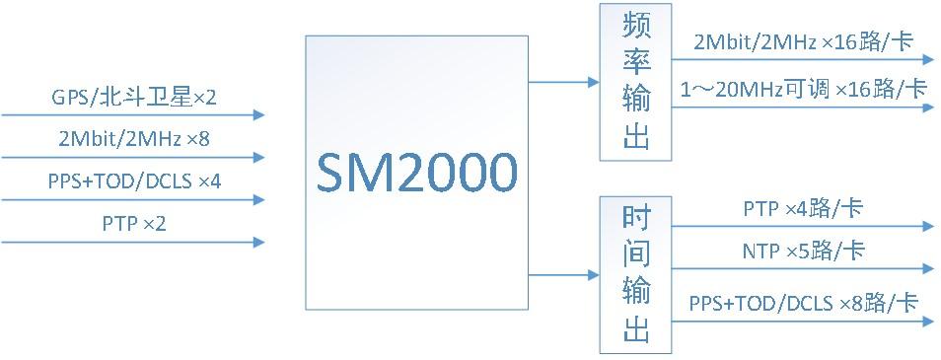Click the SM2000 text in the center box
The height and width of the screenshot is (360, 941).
pos(417,175)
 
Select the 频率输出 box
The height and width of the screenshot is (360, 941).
pos(636,81)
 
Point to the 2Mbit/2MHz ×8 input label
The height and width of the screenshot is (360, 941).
pos(134,139)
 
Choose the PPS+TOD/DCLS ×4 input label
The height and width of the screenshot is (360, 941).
pos(134,182)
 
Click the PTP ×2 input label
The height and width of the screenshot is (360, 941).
pos(134,224)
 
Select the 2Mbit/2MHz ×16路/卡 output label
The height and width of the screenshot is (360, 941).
pos(802,43)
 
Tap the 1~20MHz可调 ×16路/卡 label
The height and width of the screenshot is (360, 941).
pos(803,89)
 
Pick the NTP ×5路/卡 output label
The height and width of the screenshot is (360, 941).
pos(803,252)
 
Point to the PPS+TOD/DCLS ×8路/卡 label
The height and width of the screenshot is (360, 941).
pos(803,302)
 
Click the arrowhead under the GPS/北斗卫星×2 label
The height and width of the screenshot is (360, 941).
pos(259,114)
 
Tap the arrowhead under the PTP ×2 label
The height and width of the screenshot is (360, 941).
pos(259,242)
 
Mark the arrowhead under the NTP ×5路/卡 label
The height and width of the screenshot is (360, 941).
pos(927,268)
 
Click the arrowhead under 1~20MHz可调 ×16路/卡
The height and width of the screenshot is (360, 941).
pos(927,107)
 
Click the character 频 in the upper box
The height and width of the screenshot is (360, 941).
pos(636,28)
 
